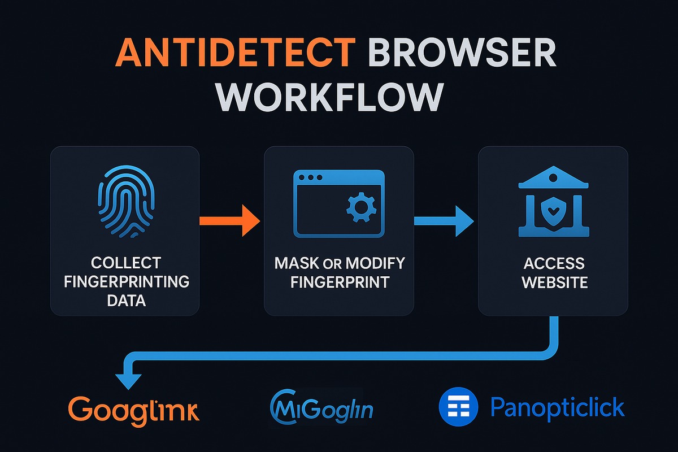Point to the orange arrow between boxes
(x=229, y=219)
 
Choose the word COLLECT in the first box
(x=125, y=263)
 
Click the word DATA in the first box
(x=125, y=299)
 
